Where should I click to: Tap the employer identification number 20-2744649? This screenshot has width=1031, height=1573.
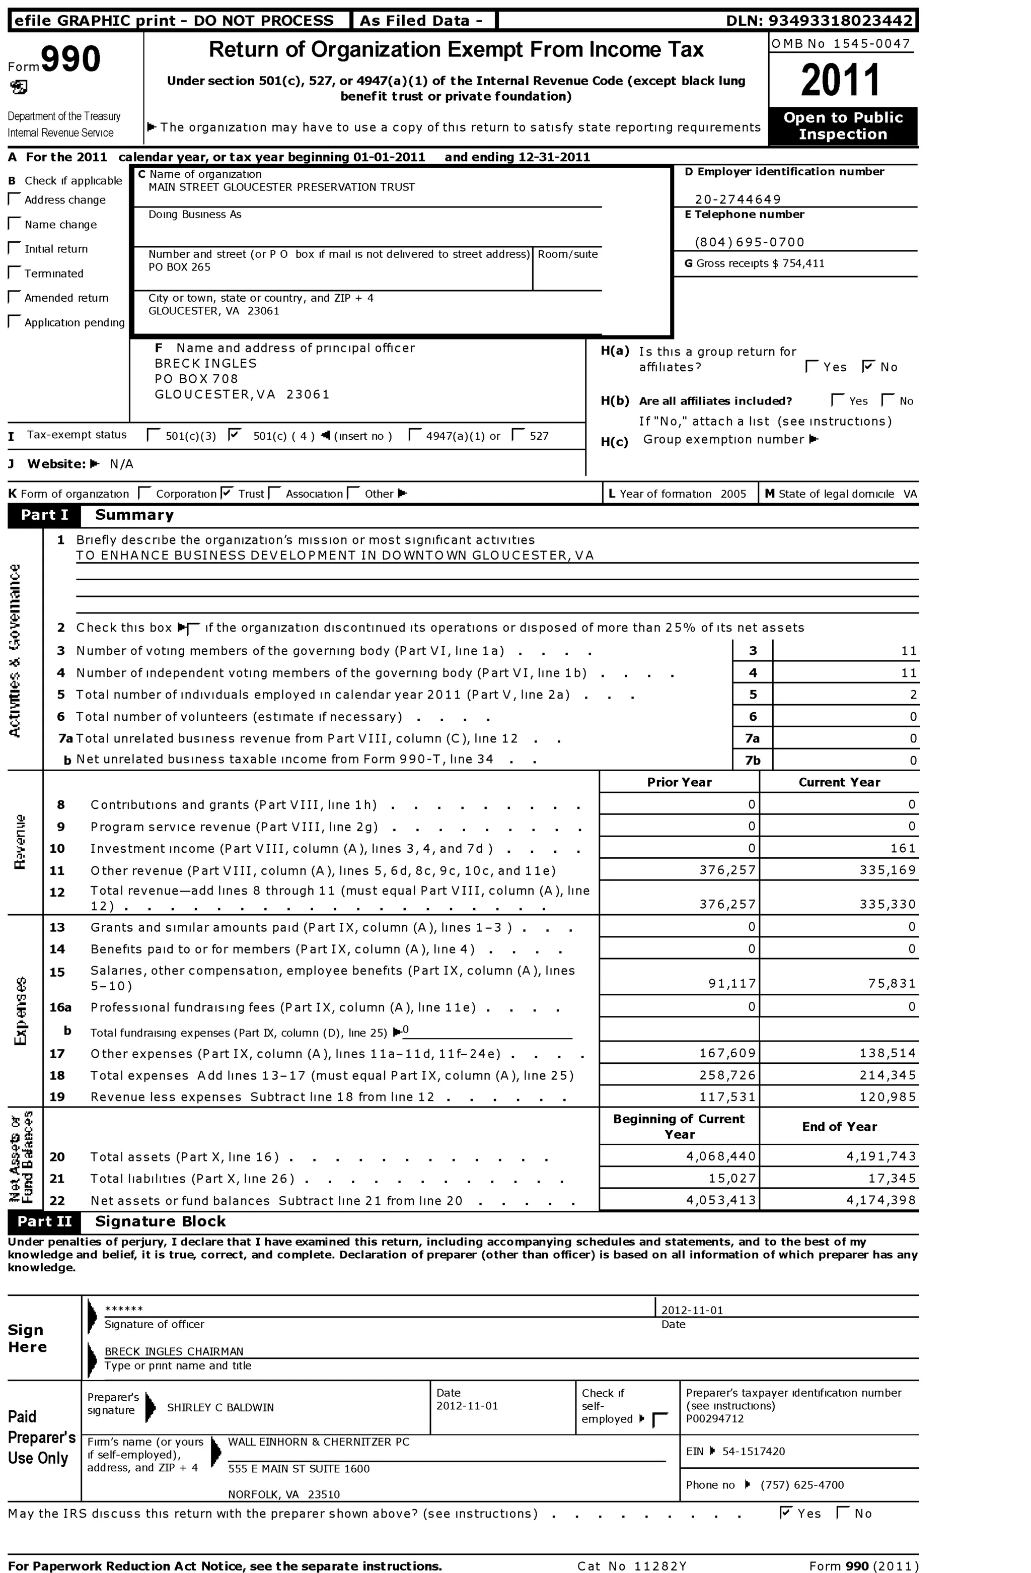[x=738, y=199]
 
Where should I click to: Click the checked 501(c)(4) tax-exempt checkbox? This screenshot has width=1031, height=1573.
[x=233, y=435]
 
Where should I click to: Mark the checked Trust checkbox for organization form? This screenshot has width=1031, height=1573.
[x=227, y=493]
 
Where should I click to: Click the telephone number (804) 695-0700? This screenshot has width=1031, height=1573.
[x=750, y=242]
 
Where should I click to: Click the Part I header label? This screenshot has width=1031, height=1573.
[x=44, y=515]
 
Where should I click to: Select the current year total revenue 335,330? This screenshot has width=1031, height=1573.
[x=887, y=904]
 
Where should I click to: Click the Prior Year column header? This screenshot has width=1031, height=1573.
[x=679, y=782]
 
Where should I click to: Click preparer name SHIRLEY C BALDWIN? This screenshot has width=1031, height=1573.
[x=220, y=1408]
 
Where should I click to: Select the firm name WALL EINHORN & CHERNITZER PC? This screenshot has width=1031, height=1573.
[x=318, y=1442]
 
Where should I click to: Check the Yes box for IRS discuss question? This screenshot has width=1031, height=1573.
[x=786, y=1513]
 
